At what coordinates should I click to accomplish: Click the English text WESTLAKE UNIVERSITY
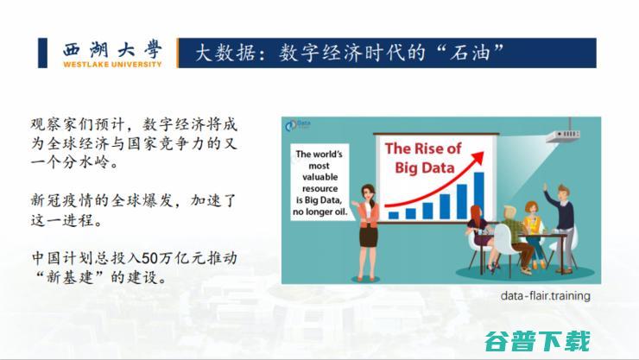(x=112, y=65)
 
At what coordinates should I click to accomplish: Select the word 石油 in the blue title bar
(x=470, y=54)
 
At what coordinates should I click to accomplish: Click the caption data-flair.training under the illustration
(x=545, y=295)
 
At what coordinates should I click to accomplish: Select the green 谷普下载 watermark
(x=537, y=341)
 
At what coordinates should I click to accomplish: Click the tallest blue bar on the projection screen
(x=479, y=196)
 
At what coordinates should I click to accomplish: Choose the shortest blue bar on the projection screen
(x=393, y=215)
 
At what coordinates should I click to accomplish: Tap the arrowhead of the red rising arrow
(x=478, y=158)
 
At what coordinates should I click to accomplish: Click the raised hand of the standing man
(x=545, y=187)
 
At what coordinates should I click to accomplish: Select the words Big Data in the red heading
(x=424, y=167)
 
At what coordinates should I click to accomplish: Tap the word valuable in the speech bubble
(x=319, y=177)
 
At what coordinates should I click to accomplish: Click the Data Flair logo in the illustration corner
(x=298, y=125)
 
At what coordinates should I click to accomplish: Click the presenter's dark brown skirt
(x=368, y=237)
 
